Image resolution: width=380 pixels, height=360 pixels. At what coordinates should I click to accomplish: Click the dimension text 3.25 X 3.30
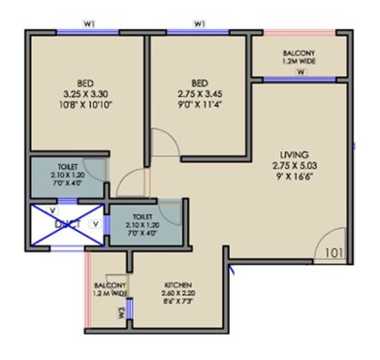pyautogui.click(x=84, y=93)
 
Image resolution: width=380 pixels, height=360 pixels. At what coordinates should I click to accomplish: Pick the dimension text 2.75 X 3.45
pyautogui.click(x=199, y=93)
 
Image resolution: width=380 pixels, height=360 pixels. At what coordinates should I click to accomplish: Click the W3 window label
pyautogui.click(x=120, y=312)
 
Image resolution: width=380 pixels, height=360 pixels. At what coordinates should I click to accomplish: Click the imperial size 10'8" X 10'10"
pyautogui.click(x=84, y=103)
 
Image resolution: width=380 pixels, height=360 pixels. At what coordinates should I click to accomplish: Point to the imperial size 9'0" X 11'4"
pyautogui.click(x=199, y=103)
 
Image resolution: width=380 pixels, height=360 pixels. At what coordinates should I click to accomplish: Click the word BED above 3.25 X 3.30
pyautogui.click(x=84, y=83)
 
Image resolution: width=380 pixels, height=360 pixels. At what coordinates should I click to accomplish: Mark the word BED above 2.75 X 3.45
pyautogui.click(x=199, y=83)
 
